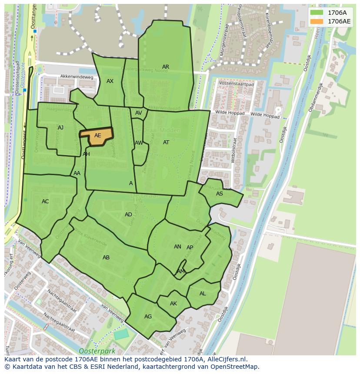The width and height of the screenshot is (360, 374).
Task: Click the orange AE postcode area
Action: coord(97,136)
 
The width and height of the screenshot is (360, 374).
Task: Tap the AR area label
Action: coord(166,67)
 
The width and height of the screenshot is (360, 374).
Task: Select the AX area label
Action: coord(110,81)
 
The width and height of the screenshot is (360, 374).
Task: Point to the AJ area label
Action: coord(60,128)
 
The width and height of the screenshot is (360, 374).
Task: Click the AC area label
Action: coord(45,201)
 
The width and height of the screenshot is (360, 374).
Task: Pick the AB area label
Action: coord(106,258)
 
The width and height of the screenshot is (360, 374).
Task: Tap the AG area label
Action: coord(148,317)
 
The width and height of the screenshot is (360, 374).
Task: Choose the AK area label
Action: coord(173,304)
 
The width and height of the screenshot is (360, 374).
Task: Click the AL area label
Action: coord(203,294)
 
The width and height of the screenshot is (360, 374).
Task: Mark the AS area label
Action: coord(220,194)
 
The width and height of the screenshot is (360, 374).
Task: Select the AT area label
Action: coord(166,142)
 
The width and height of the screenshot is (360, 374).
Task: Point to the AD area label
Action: coord(128,215)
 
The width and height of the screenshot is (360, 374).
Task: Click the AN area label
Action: coord(177,247)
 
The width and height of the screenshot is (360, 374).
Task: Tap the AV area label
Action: coord(139,113)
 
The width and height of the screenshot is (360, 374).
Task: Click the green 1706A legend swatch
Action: coord(317,13)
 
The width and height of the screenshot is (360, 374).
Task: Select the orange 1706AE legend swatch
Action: coord(317,21)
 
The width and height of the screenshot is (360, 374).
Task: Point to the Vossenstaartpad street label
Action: coord(236,84)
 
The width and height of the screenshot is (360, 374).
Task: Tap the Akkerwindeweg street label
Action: coord(77,77)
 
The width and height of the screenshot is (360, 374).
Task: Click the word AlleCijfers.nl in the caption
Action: coord(226,359)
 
